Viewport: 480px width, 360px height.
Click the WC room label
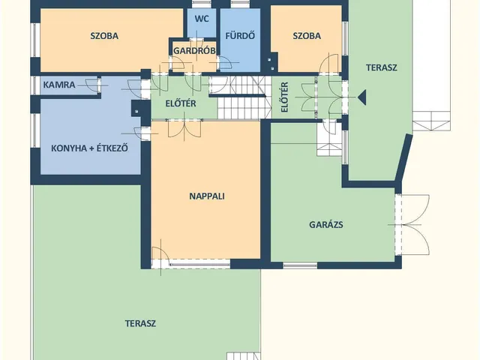click(202, 19)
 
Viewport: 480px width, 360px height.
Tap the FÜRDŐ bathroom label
click(240, 36)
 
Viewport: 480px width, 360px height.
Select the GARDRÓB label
click(194, 51)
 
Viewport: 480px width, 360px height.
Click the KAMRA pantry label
click(59, 85)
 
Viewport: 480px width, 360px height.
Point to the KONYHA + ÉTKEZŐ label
click(89, 148)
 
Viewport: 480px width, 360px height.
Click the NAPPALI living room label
click(207, 196)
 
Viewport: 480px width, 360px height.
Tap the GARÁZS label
click(326, 225)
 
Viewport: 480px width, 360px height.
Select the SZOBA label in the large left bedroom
click(104, 36)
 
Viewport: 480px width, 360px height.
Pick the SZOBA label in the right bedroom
click(307, 36)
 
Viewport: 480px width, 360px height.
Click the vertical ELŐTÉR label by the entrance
click(285, 97)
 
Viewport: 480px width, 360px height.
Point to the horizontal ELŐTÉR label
click(181, 103)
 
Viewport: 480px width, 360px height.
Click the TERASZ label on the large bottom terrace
click(140, 323)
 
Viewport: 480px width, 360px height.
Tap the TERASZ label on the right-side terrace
click(382, 67)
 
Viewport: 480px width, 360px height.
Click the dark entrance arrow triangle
click(361, 97)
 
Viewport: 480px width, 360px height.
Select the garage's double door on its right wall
click(412, 225)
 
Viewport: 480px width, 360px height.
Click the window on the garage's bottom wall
click(300, 265)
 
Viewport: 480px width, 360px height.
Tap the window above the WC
click(202, 4)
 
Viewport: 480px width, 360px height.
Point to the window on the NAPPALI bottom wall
click(199, 264)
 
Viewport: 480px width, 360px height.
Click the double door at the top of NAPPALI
click(184, 129)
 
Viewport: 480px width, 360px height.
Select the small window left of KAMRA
click(36, 85)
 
